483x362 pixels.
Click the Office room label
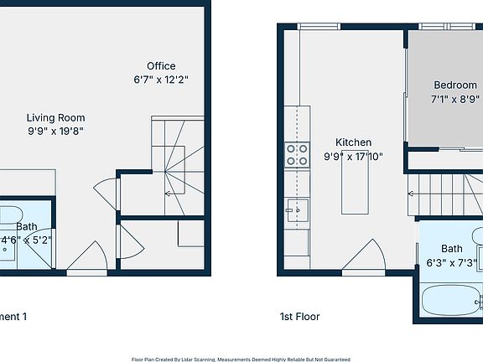pyautogui.click(x=161, y=66)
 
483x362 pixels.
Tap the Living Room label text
pyautogui.click(x=55, y=118)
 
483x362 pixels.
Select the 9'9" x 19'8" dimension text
pyautogui.click(x=55, y=131)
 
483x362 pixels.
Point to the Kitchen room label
pyautogui.click(x=353, y=142)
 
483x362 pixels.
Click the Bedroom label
pyautogui.click(x=454, y=85)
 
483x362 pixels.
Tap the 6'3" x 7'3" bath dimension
pyautogui.click(x=451, y=262)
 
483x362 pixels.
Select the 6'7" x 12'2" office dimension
pyautogui.click(x=161, y=80)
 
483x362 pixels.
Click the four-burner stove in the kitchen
pyautogui.click(x=297, y=155)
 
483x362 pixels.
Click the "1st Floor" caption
pyautogui.click(x=299, y=317)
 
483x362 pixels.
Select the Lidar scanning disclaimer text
pyautogui.click(x=241, y=359)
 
